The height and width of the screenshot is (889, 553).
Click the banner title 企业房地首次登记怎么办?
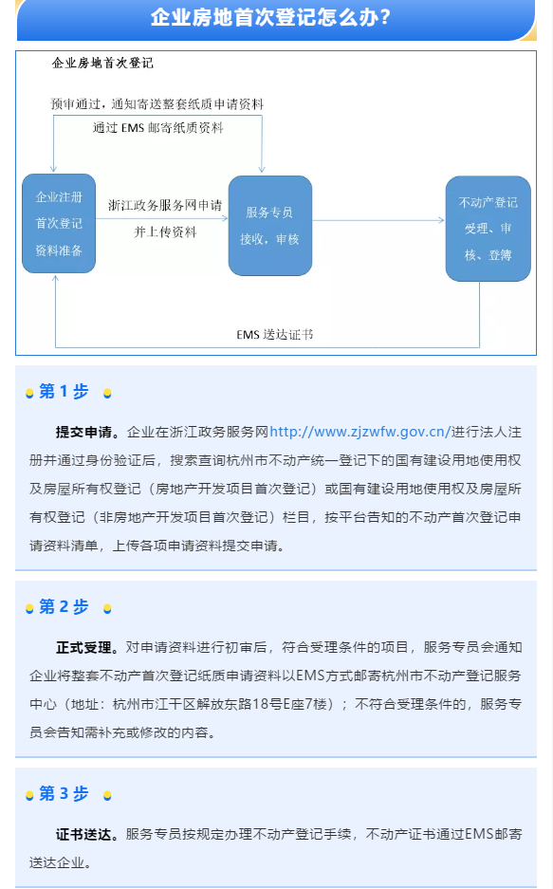coord(270,17)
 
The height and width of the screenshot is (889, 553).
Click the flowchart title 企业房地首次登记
coord(102,63)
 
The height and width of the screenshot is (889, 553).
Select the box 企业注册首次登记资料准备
coord(59,223)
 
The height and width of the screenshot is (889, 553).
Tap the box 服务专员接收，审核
coord(269,226)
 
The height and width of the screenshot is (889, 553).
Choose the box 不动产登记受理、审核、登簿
coord(488,229)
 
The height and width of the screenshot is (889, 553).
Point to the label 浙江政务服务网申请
coord(165,205)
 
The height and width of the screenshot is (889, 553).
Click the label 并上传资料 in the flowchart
coord(165,232)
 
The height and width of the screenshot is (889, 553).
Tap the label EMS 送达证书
coord(275,335)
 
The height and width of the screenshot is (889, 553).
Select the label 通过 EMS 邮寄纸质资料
coord(158,127)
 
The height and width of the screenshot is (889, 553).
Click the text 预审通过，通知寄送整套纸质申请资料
coord(157,103)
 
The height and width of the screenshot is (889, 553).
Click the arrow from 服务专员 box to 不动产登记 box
coord(378,220)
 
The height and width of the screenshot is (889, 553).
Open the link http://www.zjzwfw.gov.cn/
coord(359,432)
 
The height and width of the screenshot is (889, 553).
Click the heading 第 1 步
coord(64,391)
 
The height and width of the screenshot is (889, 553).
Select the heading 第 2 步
coord(64,606)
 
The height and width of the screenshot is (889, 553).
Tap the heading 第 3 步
coord(64,793)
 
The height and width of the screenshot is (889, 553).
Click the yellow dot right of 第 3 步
coord(107,796)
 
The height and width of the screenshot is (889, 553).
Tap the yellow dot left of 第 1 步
coord(29,394)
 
